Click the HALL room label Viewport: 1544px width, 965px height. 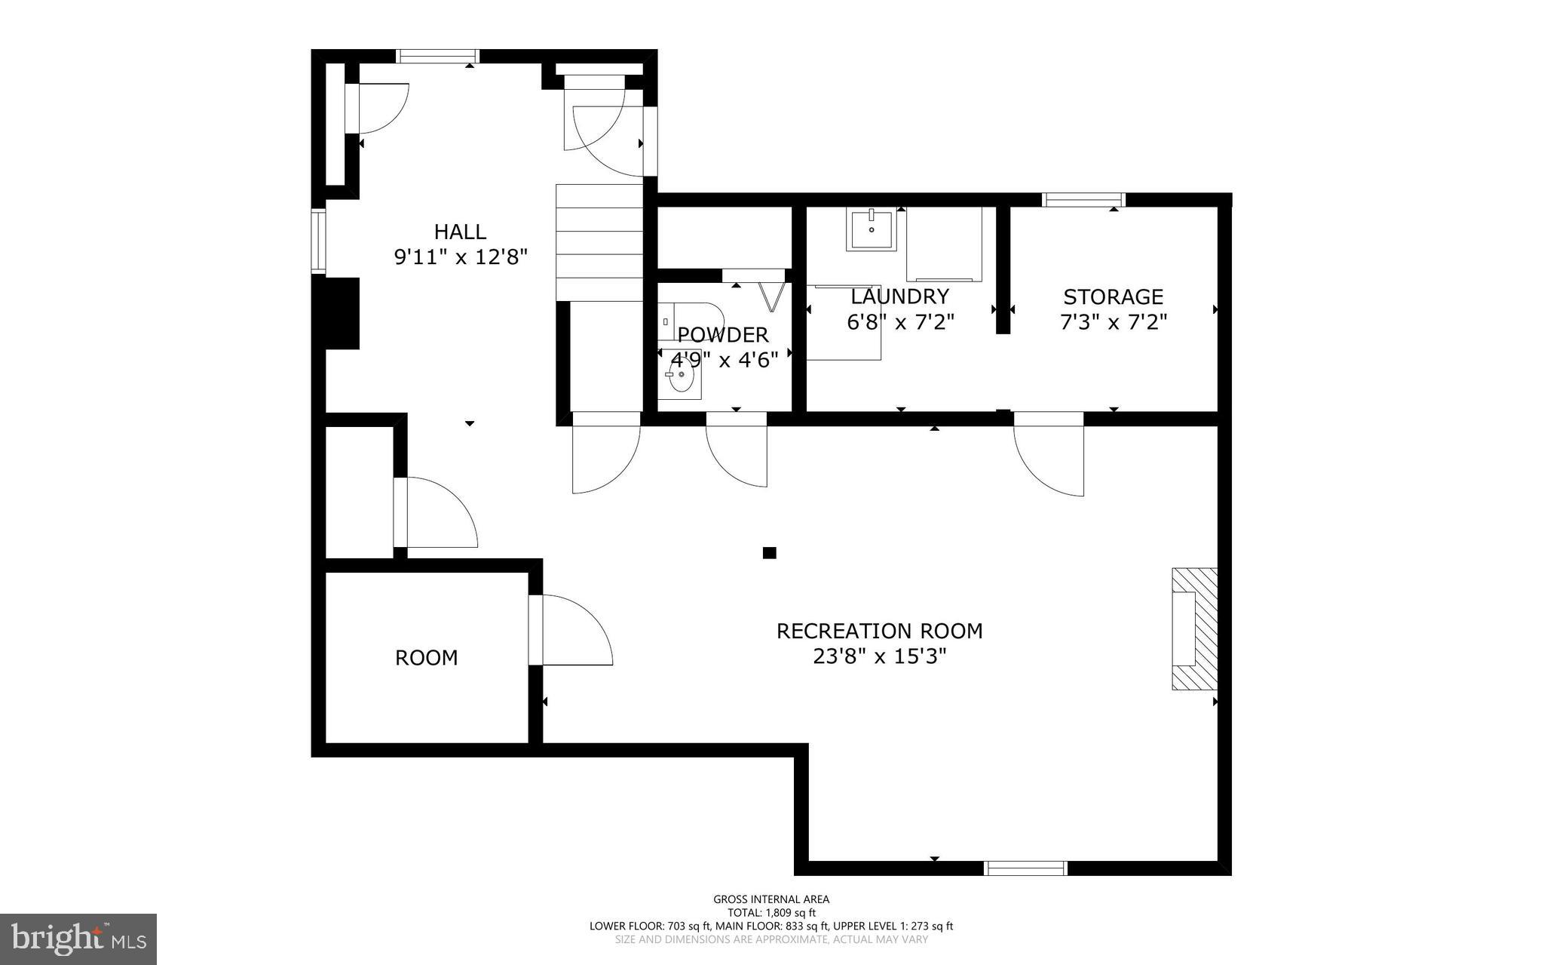coord(460,232)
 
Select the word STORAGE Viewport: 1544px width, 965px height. coord(1113,297)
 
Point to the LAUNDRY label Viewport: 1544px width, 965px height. coord(899,296)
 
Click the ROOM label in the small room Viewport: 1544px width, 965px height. coord(426,658)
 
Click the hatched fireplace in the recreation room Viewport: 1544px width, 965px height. coord(1195,628)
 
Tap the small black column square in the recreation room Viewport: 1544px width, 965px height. coord(769,553)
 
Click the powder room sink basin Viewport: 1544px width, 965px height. coord(681,381)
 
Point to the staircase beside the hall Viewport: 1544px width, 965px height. coord(599,241)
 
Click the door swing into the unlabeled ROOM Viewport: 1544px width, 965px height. coord(571,631)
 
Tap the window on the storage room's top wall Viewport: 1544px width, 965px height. coord(1083,200)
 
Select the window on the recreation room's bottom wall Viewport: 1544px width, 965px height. coord(1025,868)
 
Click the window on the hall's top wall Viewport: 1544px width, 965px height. coord(437,56)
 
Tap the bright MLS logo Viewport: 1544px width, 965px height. coord(78,939)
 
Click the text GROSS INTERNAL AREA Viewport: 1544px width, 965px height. coord(771,899)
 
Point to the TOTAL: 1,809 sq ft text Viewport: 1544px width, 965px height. coord(771,912)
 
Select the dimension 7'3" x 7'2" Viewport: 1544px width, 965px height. coord(1113,323)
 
